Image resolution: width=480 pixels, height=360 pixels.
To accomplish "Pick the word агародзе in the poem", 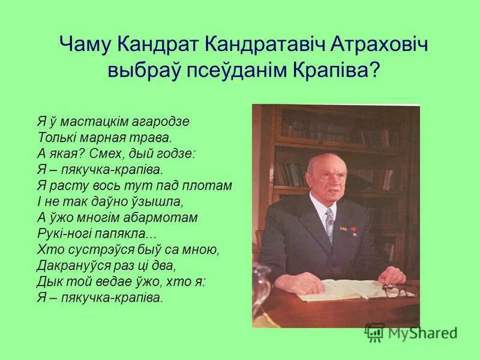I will pos(166,122).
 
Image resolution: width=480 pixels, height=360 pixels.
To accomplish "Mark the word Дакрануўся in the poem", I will pos(71,265).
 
